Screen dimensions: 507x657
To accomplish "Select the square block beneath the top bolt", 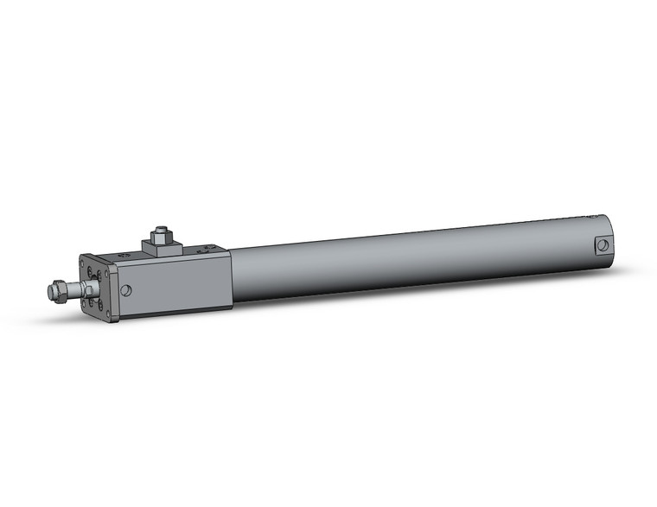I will (161, 249).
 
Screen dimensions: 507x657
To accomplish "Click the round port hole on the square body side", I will (127, 290).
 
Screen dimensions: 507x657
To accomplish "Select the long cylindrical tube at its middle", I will (415, 259).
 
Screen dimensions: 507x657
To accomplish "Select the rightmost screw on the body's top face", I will (206, 248).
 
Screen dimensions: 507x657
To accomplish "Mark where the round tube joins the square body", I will (232, 276).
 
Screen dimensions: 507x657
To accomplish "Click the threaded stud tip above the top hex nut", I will (161, 229).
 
